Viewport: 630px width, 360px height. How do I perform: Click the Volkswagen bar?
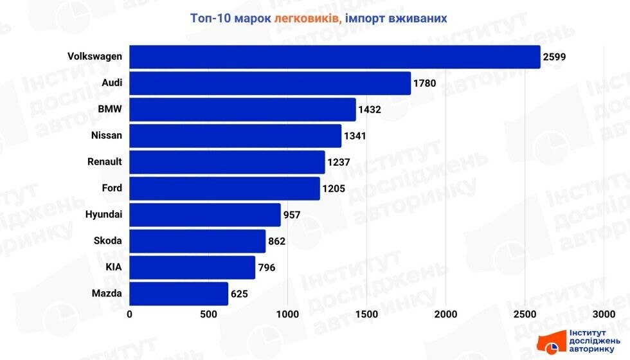coord(334,57)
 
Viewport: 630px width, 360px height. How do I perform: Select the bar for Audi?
coord(270,83)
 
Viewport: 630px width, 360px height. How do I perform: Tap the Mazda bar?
coord(179,294)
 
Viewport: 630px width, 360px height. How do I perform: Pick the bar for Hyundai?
coord(205,215)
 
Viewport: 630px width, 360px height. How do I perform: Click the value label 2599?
coord(555,57)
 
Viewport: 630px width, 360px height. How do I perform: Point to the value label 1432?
coord(370,110)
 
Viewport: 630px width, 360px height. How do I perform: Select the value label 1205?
coord(334,189)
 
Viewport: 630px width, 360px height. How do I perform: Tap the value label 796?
coord(267,267)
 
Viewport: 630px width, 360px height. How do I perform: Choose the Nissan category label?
coord(107,136)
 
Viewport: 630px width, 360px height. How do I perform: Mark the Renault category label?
coord(104,162)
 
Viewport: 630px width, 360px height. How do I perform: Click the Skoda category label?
coord(107,241)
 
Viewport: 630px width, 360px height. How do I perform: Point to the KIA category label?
coord(113,267)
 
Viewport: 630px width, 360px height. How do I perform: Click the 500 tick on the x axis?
coord(209,314)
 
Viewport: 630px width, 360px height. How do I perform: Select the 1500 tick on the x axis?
coord(366,314)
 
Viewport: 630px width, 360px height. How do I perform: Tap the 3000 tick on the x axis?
coord(604,314)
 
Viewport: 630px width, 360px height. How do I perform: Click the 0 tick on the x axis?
coord(130,314)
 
